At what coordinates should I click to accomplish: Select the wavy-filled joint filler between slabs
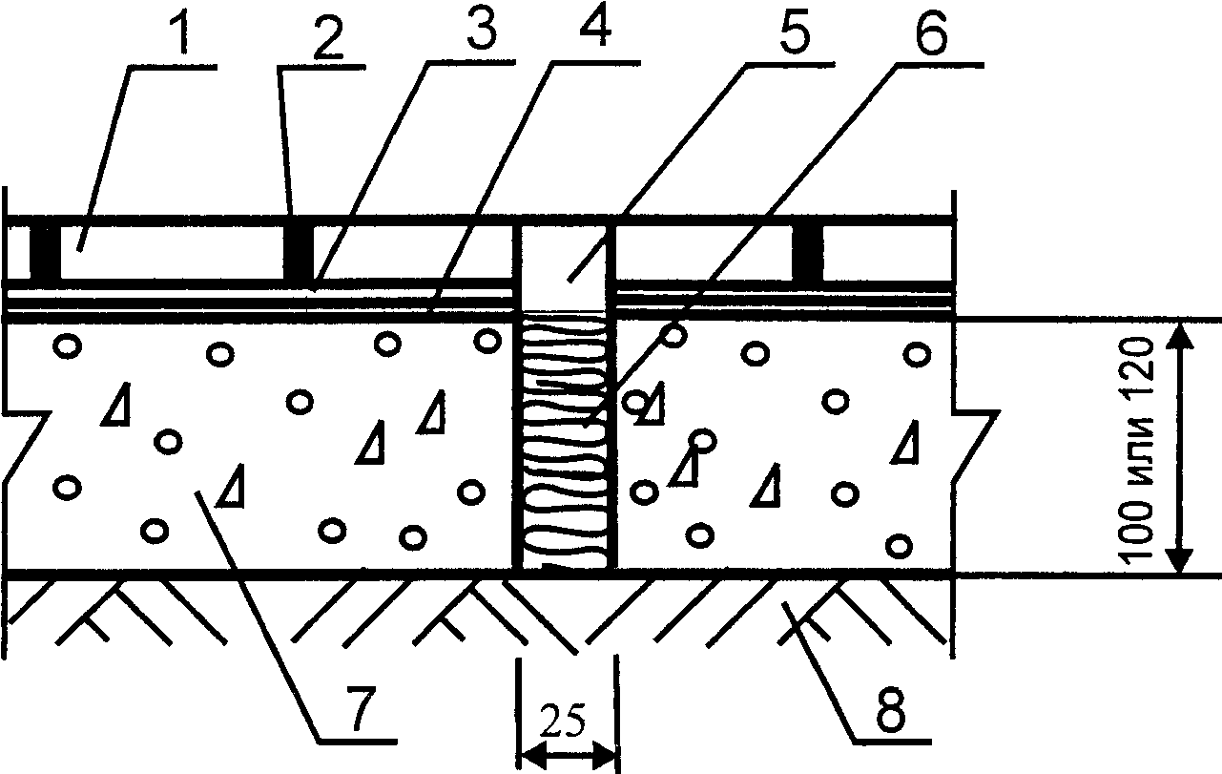pos(566,444)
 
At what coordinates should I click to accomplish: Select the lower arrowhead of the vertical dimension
pos(1181,563)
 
